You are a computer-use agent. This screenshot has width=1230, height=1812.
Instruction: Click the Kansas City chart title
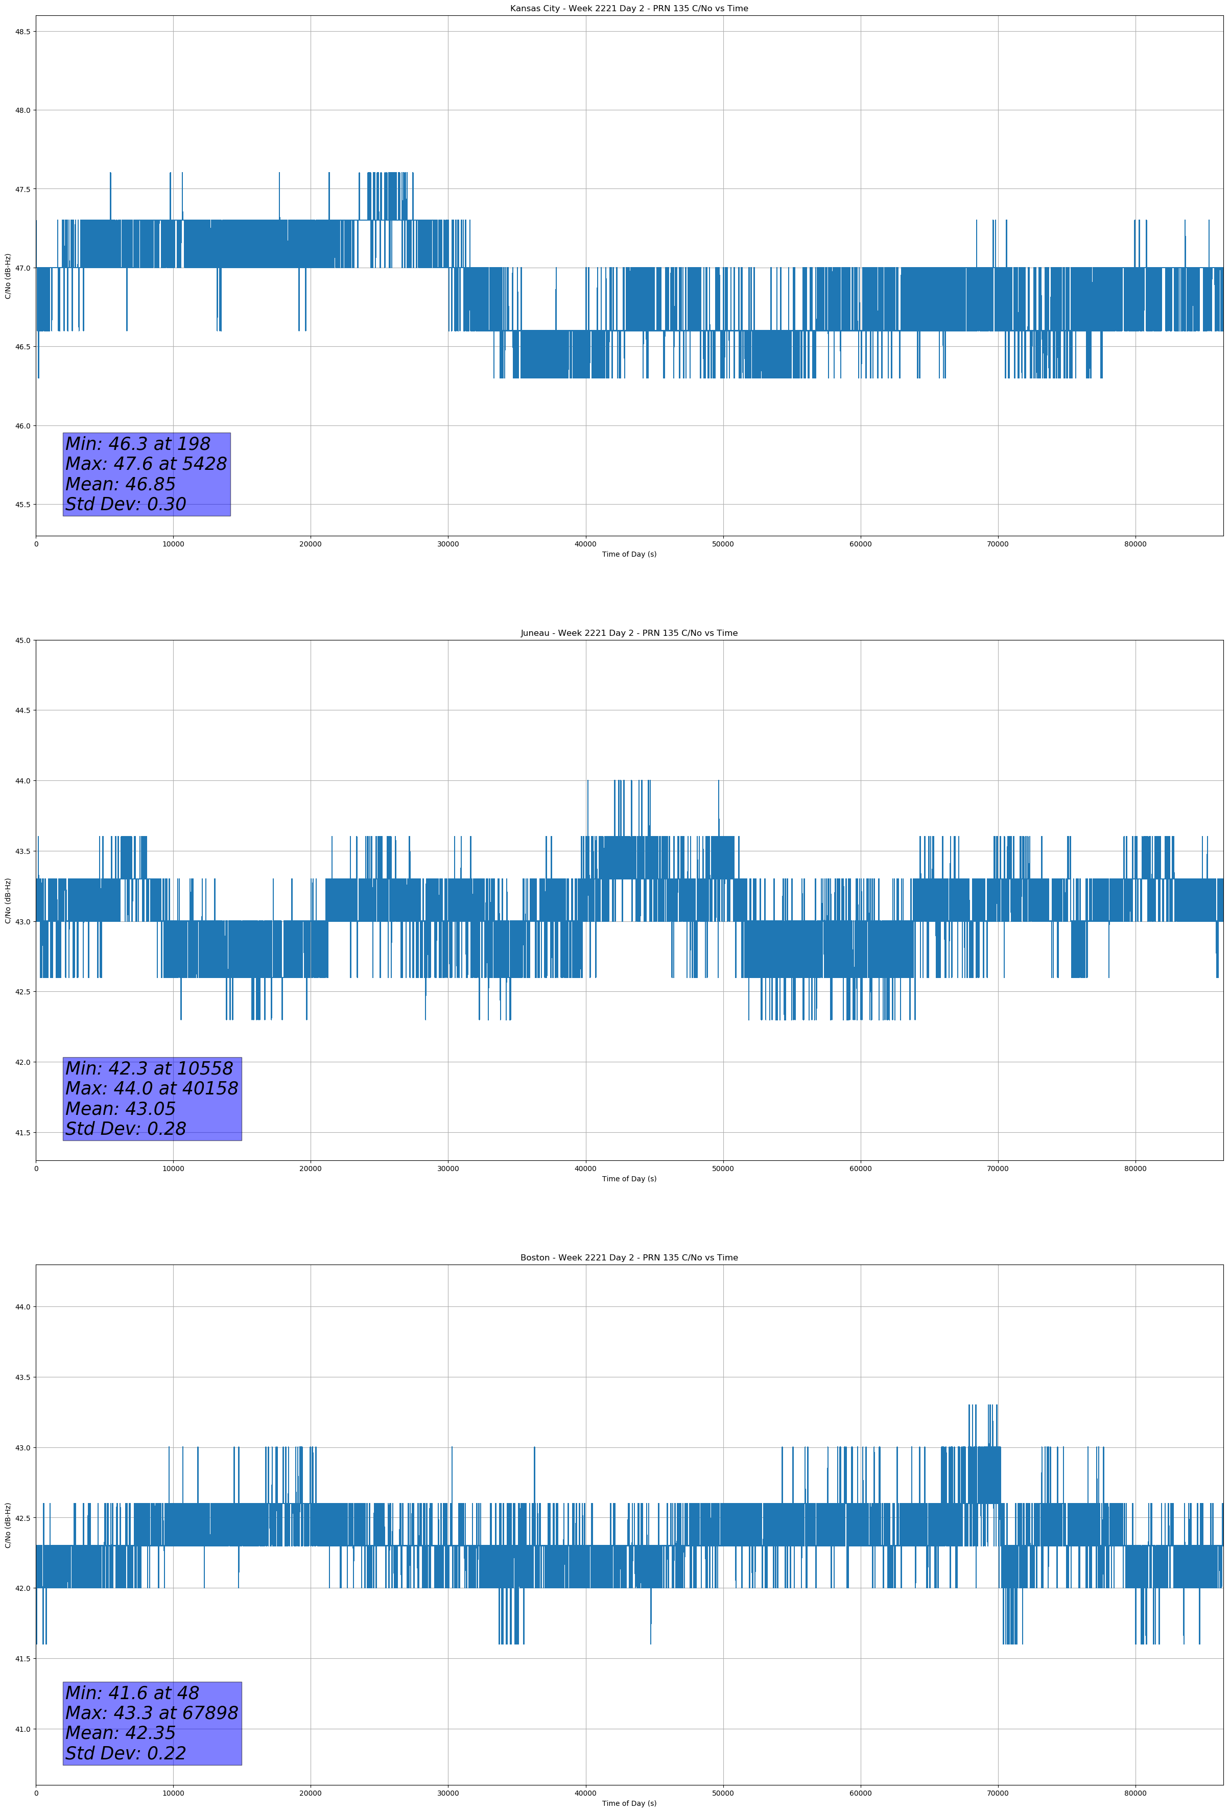point(629,9)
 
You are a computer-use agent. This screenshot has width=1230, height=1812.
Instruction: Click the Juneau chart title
point(629,633)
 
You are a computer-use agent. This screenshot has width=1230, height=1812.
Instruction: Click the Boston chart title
point(629,1258)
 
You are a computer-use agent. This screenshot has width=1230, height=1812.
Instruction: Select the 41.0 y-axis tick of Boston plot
point(22,1729)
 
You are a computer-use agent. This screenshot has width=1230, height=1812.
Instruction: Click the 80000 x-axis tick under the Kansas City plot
point(1135,544)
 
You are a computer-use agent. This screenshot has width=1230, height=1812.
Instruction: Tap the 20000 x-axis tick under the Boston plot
point(311,1793)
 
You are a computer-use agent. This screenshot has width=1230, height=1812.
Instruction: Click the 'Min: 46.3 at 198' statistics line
point(138,444)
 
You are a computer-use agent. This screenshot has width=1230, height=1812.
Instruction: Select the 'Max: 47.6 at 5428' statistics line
point(146,464)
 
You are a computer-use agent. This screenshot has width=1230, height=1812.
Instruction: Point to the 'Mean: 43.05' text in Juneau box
point(120,1109)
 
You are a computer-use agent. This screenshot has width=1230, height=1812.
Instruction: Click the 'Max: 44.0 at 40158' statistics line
point(151,1088)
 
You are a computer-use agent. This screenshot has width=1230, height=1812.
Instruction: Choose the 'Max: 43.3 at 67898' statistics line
point(151,1713)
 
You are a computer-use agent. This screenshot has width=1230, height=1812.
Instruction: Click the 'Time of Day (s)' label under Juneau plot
point(629,1179)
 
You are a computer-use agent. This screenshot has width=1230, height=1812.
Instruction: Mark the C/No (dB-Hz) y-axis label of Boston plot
point(8,1525)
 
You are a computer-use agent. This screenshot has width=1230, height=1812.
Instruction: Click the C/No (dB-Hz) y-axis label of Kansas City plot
point(8,276)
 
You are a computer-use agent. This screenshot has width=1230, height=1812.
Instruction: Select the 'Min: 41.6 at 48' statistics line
point(132,1692)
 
